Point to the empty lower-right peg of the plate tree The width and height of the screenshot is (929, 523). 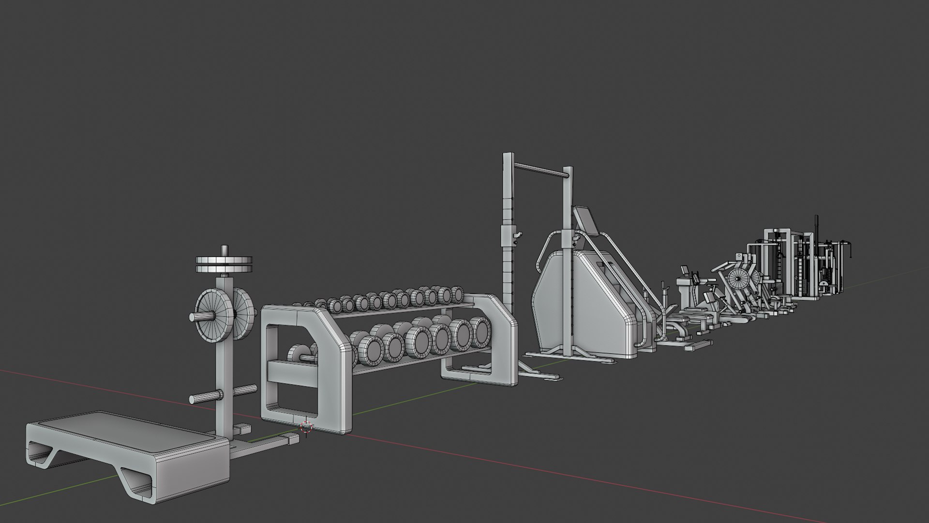tap(245, 389)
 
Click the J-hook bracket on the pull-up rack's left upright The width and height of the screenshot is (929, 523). tap(517, 235)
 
